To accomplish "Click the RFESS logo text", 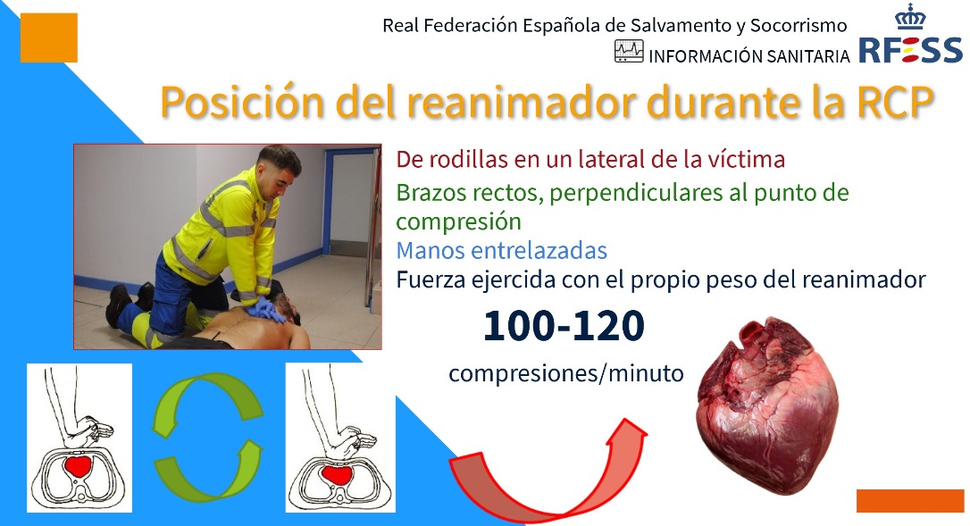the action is (x=911, y=50).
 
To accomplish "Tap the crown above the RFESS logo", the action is (x=911, y=16).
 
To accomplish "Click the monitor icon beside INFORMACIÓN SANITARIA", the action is (x=629, y=52).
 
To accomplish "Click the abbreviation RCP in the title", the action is (x=895, y=101).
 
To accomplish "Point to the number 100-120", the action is (x=564, y=326).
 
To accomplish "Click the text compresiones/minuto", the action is (x=566, y=373).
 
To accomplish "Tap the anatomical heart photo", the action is (x=768, y=405).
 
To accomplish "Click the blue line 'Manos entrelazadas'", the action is (x=501, y=251).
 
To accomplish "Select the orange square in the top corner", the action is (x=49, y=38).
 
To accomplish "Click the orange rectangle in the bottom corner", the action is (x=910, y=501).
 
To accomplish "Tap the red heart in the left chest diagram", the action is (x=78, y=465).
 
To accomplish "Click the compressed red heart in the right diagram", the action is (x=337, y=474).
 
